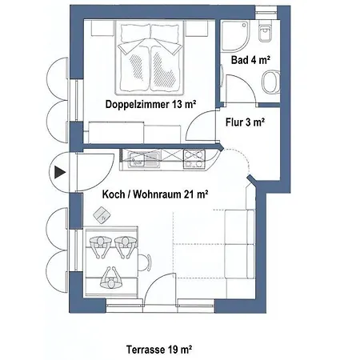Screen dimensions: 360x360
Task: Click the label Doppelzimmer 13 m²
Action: (151, 104)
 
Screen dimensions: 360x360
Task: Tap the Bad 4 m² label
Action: (250, 60)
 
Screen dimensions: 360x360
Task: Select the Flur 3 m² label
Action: (245, 122)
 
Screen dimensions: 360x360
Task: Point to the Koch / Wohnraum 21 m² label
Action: (155, 194)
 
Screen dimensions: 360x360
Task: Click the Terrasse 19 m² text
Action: (159, 350)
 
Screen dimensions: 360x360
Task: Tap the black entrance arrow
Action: (60, 172)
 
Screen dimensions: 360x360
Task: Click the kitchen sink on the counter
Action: (144, 158)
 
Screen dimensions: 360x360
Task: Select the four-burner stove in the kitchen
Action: (194, 158)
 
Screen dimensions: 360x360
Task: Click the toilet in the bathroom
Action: (265, 32)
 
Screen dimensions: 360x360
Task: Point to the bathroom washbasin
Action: (270, 82)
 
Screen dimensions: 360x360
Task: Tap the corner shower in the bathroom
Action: (235, 36)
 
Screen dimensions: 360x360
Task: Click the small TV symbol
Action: (102, 215)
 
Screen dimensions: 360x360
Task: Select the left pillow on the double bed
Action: (134, 34)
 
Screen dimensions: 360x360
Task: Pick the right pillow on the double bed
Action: (165, 34)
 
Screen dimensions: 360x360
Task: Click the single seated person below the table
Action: (111, 278)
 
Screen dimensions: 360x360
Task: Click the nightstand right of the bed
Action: (197, 28)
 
